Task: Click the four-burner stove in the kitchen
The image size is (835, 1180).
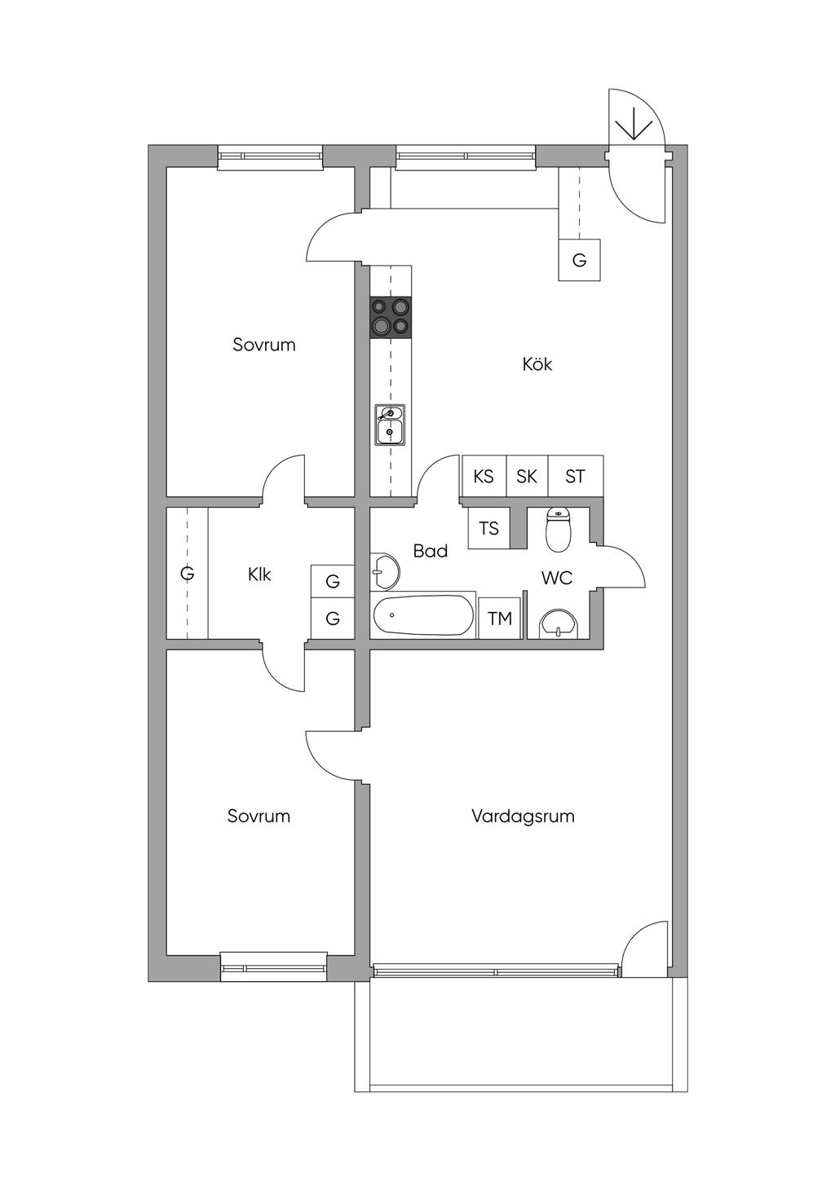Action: tap(391, 317)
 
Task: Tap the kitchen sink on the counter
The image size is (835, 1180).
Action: tap(390, 425)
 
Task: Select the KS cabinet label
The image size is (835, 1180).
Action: tap(484, 476)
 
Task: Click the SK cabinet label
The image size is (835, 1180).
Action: tap(527, 476)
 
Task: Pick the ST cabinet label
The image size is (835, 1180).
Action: tap(575, 476)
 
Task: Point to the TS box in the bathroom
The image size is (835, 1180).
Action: tap(488, 528)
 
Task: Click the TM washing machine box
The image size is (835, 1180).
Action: tap(500, 619)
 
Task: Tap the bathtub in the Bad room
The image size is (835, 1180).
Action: tap(423, 616)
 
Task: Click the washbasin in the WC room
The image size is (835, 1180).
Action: tap(558, 623)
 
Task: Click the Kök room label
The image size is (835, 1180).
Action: tap(537, 364)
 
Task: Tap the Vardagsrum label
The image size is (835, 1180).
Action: tap(523, 816)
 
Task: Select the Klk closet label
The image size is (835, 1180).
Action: tap(259, 575)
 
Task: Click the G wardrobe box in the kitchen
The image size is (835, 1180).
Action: tap(579, 261)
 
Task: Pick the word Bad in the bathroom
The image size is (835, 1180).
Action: tap(430, 551)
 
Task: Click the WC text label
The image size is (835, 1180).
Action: tap(557, 578)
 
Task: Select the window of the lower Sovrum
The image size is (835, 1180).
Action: tap(274, 966)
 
